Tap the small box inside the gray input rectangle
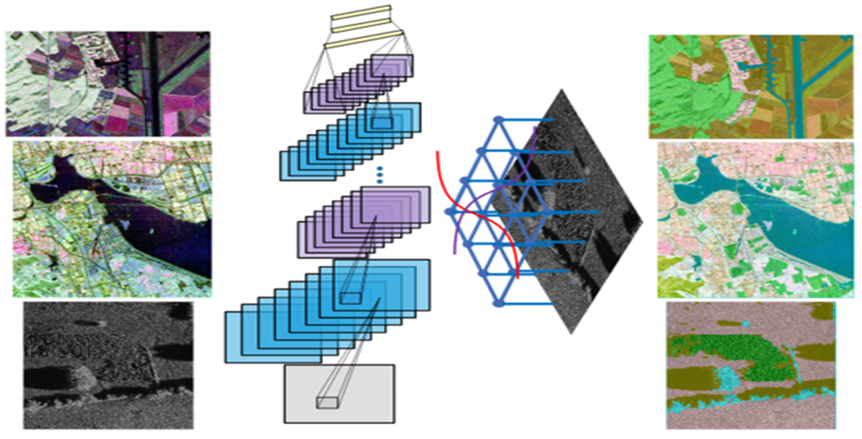pos(326,402)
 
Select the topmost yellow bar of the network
pos(360,12)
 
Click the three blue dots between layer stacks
pos(379,174)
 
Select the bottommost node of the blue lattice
pos(496,303)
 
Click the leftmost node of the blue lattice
pos(450,212)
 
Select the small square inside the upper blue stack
pos(382,123)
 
